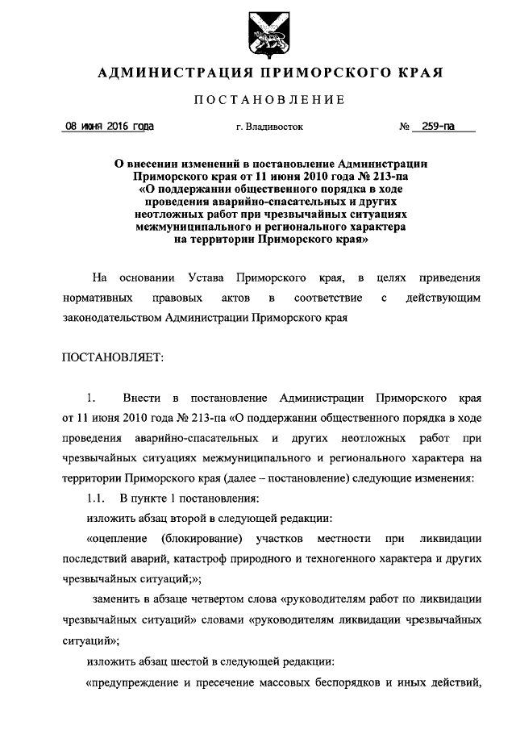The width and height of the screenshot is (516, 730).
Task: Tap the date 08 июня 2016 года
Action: coord(110,127)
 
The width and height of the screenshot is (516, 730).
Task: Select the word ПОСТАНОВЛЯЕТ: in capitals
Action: coord(113,357)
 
